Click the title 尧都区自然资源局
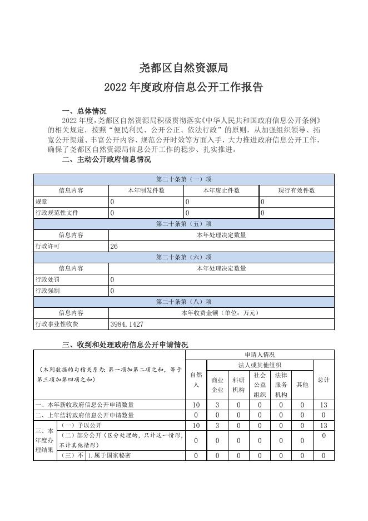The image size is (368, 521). [183, 68]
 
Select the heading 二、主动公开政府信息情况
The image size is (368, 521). [107, 159]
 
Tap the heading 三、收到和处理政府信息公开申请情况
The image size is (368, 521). [125, 345]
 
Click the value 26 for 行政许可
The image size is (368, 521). [114, 246]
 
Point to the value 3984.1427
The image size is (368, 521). [127, 324]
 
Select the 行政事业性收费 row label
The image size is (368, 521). [57, 324]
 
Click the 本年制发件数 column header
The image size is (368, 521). [146, 190]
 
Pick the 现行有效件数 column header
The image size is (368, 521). [297, 190]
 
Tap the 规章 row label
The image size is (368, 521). [41, 201]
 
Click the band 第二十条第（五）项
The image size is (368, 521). [183, 224]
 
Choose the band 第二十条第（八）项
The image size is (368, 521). [183, 302]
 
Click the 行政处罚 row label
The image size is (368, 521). [47, 279]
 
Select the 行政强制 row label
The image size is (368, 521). [47, 291]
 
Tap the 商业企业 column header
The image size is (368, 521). [217, 384]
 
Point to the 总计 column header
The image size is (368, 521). [324, 380]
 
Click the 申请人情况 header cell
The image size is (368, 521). [260, 355]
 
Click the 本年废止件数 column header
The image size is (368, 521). [221, 190]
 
